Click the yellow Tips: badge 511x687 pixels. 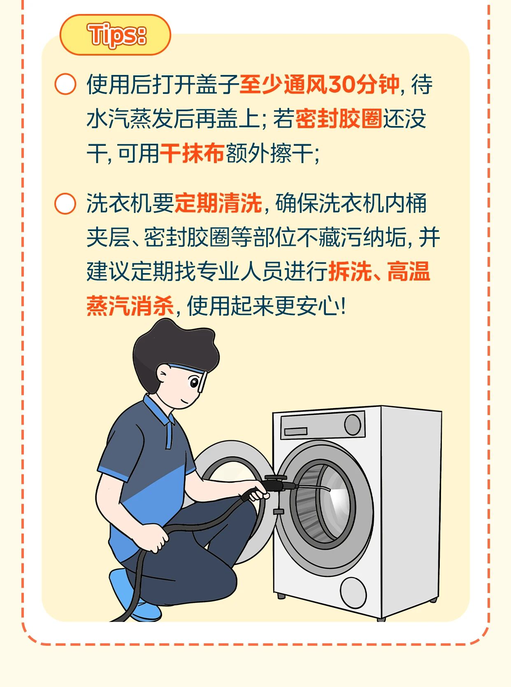(115, 35)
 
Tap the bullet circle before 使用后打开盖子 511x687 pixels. (65, 84)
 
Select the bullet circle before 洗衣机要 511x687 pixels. (65, 203)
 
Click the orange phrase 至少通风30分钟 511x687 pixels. (319, 84)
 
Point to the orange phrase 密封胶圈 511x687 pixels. (339, 119)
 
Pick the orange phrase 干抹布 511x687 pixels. (192, 153)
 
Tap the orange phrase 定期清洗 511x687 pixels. (218, 203)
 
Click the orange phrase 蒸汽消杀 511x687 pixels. (130, 306)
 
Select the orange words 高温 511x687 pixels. (409, 271)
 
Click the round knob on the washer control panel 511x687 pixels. (353, 425)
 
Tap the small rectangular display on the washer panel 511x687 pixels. (295, 431)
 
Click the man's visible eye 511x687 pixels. (194, 383)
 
